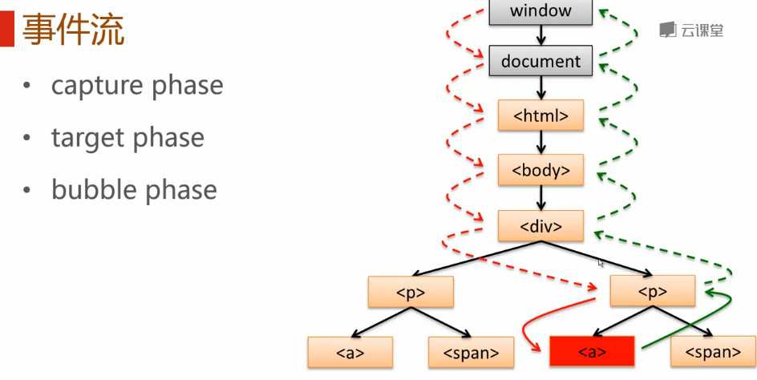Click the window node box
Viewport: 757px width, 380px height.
click(540, 11)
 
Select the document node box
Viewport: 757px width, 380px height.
click(540, 61)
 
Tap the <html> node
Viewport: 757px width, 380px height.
click(540, 115)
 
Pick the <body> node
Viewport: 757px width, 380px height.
click(540, 170)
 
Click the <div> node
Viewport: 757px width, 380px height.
click(540, 226)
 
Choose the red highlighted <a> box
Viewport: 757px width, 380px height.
click(592, 351)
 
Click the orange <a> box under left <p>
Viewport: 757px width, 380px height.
click(350, 351)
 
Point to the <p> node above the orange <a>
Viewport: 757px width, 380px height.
click(411, 292)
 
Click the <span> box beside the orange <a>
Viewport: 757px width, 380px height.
click(471, 351)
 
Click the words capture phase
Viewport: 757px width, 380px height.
click(137, 85)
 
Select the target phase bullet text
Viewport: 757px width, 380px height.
click(128, 138)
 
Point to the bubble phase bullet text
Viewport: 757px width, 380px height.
click(134, 190)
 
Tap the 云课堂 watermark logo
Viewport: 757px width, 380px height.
click(691, 30)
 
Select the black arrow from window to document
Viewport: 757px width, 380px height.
click(541, 35)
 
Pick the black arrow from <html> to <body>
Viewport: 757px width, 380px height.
click(541, 143)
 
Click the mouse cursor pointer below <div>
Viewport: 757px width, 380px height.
click(601, 261)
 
